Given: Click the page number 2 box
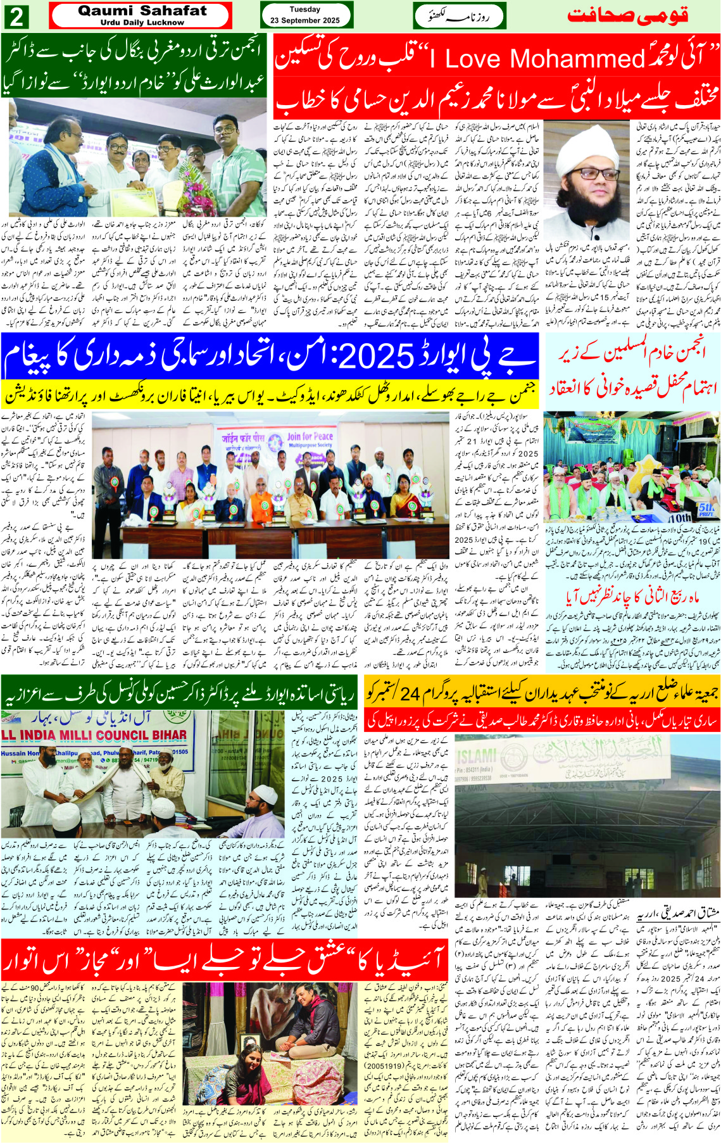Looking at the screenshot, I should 16,16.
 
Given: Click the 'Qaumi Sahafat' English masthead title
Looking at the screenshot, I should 142,11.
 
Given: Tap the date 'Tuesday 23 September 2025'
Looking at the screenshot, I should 304,15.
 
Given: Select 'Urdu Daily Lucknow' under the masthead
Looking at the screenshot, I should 142,23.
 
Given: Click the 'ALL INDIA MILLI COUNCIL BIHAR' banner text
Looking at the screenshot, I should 95,735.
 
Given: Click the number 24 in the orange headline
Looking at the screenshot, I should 410,694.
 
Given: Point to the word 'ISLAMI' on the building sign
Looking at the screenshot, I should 476,755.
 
